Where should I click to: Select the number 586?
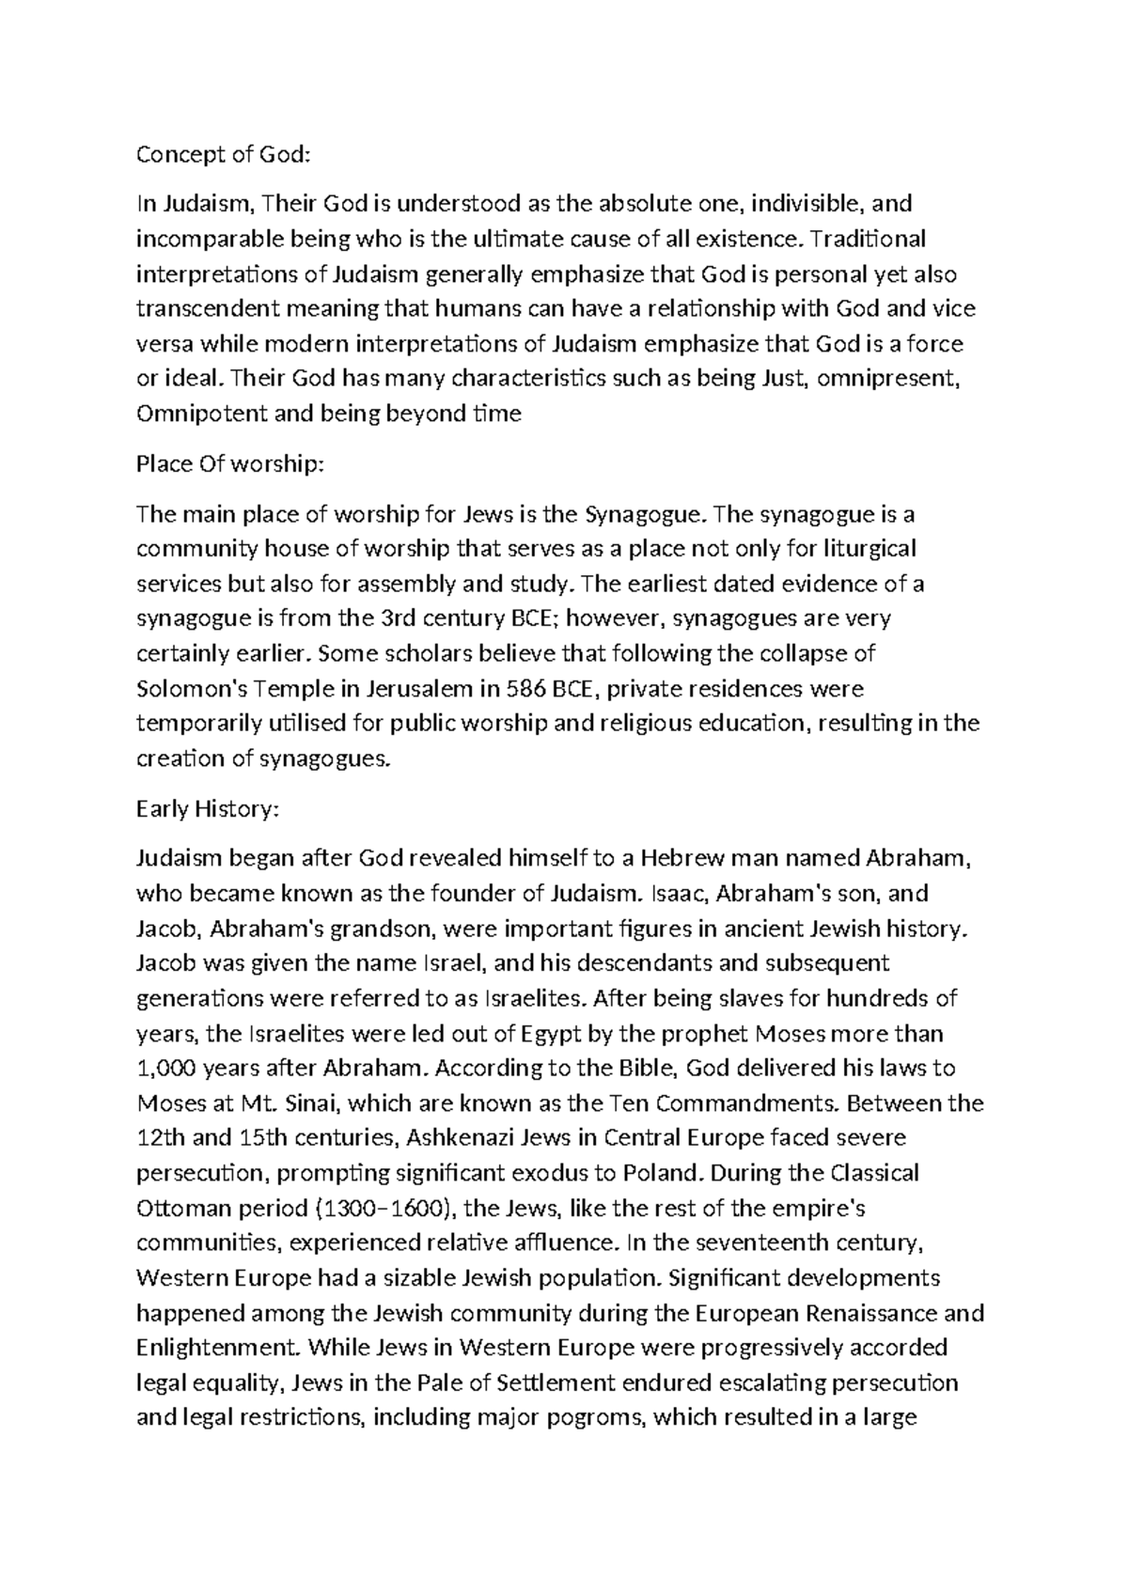tap(525, 689)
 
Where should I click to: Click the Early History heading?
tap(208, 808)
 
